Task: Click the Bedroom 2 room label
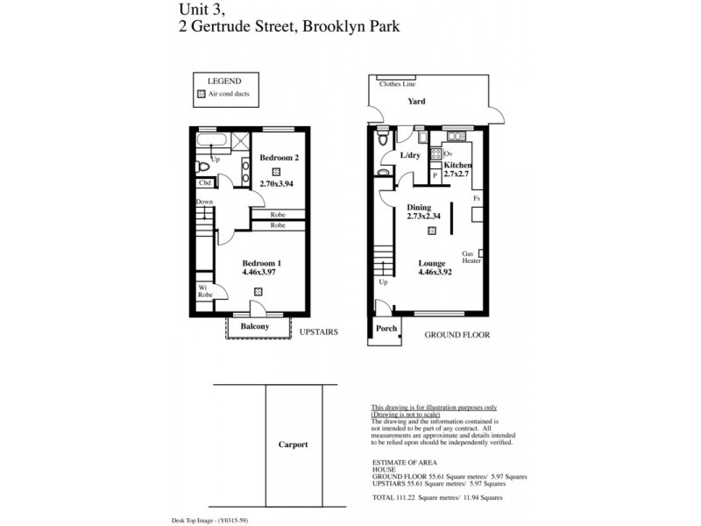pos(280,158)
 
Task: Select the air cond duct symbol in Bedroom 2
pos(276,172)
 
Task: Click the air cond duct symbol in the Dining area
pos(430,231)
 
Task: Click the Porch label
pos(386,329)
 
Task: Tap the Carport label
pos(294,444)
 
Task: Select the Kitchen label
pos(457,165)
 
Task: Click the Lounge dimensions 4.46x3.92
pos(436,272)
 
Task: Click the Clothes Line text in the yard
pos(396,84)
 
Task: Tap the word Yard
pos(416,102)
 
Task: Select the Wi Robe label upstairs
pos(204,292)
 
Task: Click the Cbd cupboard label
pos(204,183)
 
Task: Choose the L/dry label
pos(410,155)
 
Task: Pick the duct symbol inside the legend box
pos(201,94)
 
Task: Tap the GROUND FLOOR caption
pos(457,335)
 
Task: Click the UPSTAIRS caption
pos(318,332)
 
